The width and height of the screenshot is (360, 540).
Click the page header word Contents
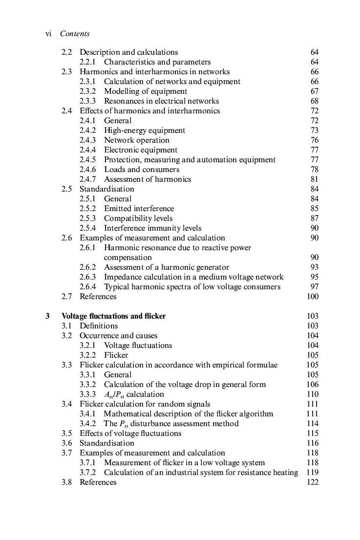coord(75,34)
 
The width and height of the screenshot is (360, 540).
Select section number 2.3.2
coord(88,91)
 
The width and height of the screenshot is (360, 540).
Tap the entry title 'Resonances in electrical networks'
coord(161,101)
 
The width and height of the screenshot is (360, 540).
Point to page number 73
coord(314,130)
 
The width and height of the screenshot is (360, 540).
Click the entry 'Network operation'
coord(136,140)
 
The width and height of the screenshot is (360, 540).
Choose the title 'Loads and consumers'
coord(141,170)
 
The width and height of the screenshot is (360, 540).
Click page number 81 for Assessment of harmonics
coord(314,179)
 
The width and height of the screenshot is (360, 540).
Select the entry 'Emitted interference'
coord(139,209)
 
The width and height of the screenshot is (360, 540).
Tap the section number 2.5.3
coord(88,218)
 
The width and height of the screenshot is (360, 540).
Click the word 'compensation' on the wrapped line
coord(127,258)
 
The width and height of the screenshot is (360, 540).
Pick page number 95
coord(314,277)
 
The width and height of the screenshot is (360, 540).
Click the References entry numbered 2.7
coord(98,297)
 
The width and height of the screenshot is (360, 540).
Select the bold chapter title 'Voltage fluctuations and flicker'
coord(113,316)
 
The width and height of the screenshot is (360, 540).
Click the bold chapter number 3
coord(47,316)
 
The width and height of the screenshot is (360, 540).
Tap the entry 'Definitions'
coord(99,326)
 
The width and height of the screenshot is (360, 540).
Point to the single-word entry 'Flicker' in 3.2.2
coord(116,355)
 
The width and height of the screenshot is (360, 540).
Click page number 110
coord(312,394)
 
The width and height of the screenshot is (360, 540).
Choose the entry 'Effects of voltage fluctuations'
coord(130,433)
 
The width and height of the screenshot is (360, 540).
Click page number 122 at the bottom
coord(312,482)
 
